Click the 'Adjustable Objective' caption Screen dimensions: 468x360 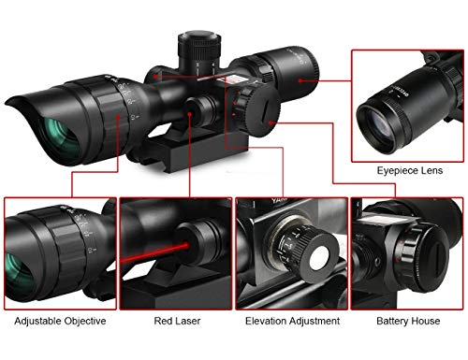coord(60,321)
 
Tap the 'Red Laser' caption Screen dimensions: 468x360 coord(177,321)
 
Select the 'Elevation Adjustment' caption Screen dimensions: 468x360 coord(292,321)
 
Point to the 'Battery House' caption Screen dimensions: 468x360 coord(408,321)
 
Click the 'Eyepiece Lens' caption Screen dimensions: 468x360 coord(410,170)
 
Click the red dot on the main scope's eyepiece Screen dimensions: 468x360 coord(300,80)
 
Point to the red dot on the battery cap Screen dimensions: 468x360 coord(271,123)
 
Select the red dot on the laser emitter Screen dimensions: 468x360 coord(189,114)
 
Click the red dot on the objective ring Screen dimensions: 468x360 coord(118,117)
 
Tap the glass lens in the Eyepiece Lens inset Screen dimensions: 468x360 coord(378,125)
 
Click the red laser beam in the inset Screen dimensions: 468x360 coord(155,252)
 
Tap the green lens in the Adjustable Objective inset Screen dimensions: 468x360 coord(19,274)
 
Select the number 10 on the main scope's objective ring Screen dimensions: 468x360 coord(134,117)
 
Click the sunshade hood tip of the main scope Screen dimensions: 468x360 coord(8,102)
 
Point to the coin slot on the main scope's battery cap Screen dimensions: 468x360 coord(264,111)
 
